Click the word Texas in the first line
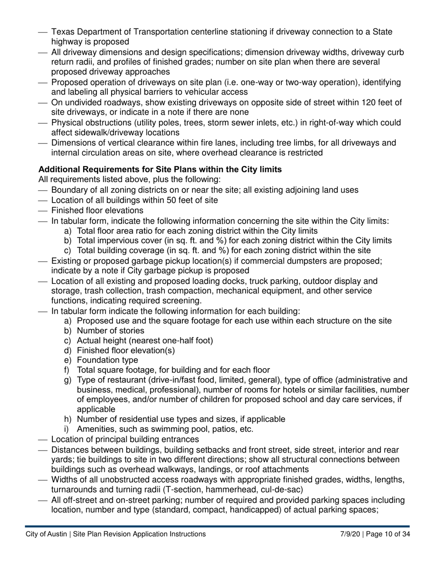[62, 32]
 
